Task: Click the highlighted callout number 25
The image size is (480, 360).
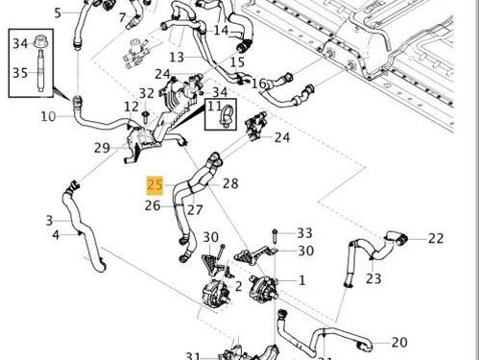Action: click(x=155, y=183)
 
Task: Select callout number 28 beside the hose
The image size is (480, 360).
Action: click(x=230, y=183)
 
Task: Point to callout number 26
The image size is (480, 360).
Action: click(x=153, y=205)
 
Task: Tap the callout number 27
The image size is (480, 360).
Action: click(x=195, y=209)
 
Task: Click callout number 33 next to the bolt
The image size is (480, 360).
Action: click(x=304, y=233)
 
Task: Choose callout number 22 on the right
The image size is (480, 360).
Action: click(x=436, y=238)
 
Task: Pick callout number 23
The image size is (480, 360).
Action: click(x=373, y=279)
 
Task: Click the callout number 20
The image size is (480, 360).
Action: click(x=399, y=342)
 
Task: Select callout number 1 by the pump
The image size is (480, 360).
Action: click(x=301, y=280)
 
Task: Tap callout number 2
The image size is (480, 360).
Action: click(x=238, y=285)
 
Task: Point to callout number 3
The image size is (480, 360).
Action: click(x=49, y=221)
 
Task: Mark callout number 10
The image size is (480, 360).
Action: click(x=48, y=117)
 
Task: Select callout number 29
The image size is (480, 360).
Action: click(x=102, y=147)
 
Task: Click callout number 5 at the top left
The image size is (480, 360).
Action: click(x=57, y=12)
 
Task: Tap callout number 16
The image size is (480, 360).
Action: click(x=258, y=84)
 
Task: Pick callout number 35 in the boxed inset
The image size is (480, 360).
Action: click(x=20, y=72)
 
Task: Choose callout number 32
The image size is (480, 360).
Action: click(x=146, y=93)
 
